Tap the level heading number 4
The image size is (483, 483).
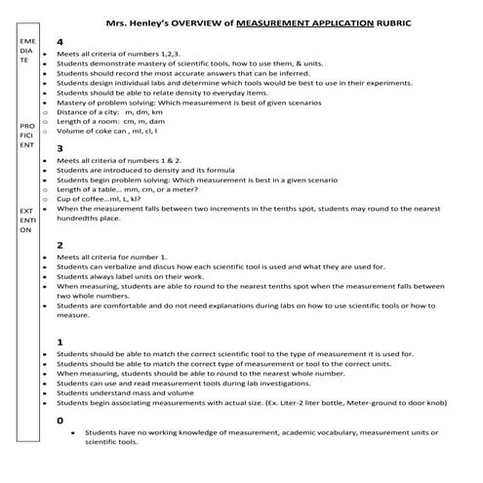60,43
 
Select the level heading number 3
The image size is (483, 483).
60,148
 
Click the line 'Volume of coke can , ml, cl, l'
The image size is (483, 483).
121,131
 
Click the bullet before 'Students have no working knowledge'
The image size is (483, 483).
73,431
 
